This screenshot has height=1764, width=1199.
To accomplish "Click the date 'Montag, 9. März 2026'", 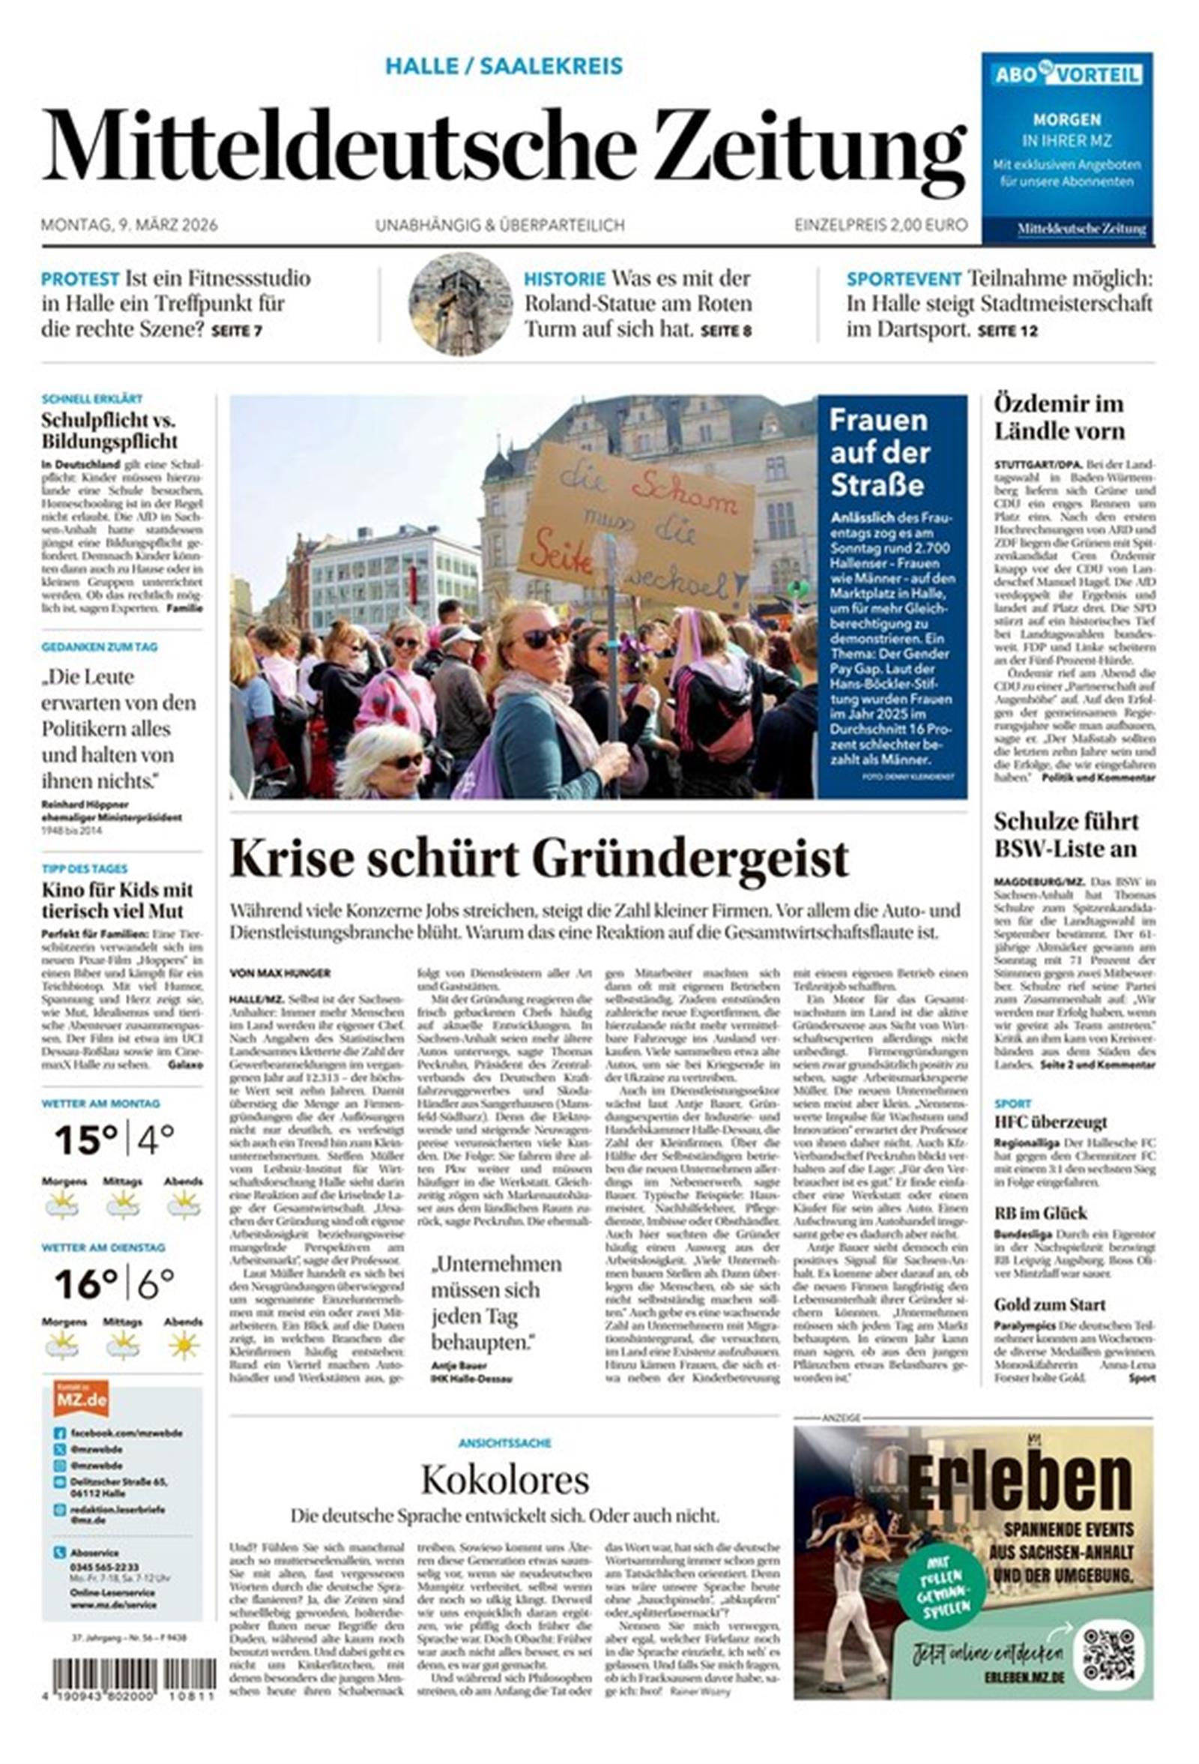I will click(129, 226).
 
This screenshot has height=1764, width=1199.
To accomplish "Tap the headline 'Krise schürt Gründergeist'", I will click(539, 858).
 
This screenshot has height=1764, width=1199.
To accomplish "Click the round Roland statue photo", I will click(460, 304).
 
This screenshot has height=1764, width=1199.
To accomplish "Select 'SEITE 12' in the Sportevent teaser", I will click(1007, 331).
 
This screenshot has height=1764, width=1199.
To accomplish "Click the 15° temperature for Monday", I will click(85, 1140).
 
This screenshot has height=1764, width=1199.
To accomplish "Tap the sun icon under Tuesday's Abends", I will click(183, 1346).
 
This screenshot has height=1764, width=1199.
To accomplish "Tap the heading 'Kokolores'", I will click(504, 1478).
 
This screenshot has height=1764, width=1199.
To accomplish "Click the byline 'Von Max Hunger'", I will click(280, 973).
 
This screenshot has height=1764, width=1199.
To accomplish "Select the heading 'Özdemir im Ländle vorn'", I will click(1059, 418).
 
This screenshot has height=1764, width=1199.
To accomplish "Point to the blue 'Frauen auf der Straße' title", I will click(879, 451).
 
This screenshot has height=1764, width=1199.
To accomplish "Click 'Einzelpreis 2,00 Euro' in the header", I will click(881, 226).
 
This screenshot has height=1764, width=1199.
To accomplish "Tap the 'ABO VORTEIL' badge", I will click(1066, 74).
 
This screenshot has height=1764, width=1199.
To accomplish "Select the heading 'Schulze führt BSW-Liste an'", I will click(1066, 835).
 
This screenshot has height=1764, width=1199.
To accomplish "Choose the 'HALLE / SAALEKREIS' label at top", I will click(504, 67).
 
